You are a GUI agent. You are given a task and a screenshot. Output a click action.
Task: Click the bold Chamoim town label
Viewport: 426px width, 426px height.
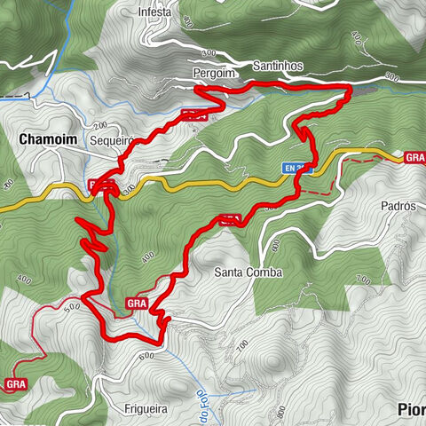click(x=45, y=138)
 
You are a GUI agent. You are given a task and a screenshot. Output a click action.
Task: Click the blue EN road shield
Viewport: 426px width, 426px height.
click(x=298, y=167)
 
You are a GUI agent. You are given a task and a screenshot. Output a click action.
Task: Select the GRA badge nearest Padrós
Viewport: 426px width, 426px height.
click(x=414, y=158)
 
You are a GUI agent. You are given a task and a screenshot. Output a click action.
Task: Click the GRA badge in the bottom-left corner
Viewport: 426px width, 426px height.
click(x=15, y=384)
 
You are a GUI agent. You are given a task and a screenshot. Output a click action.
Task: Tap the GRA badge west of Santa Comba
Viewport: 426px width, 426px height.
click(x=137, y=304)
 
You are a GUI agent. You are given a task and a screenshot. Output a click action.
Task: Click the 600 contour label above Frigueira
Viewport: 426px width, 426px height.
click(x=147, y=355)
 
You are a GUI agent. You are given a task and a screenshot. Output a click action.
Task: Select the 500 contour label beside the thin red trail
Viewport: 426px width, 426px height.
click(x=72, y=305)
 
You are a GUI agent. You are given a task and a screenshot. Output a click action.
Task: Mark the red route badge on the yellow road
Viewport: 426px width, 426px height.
click(x=100, y=185)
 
